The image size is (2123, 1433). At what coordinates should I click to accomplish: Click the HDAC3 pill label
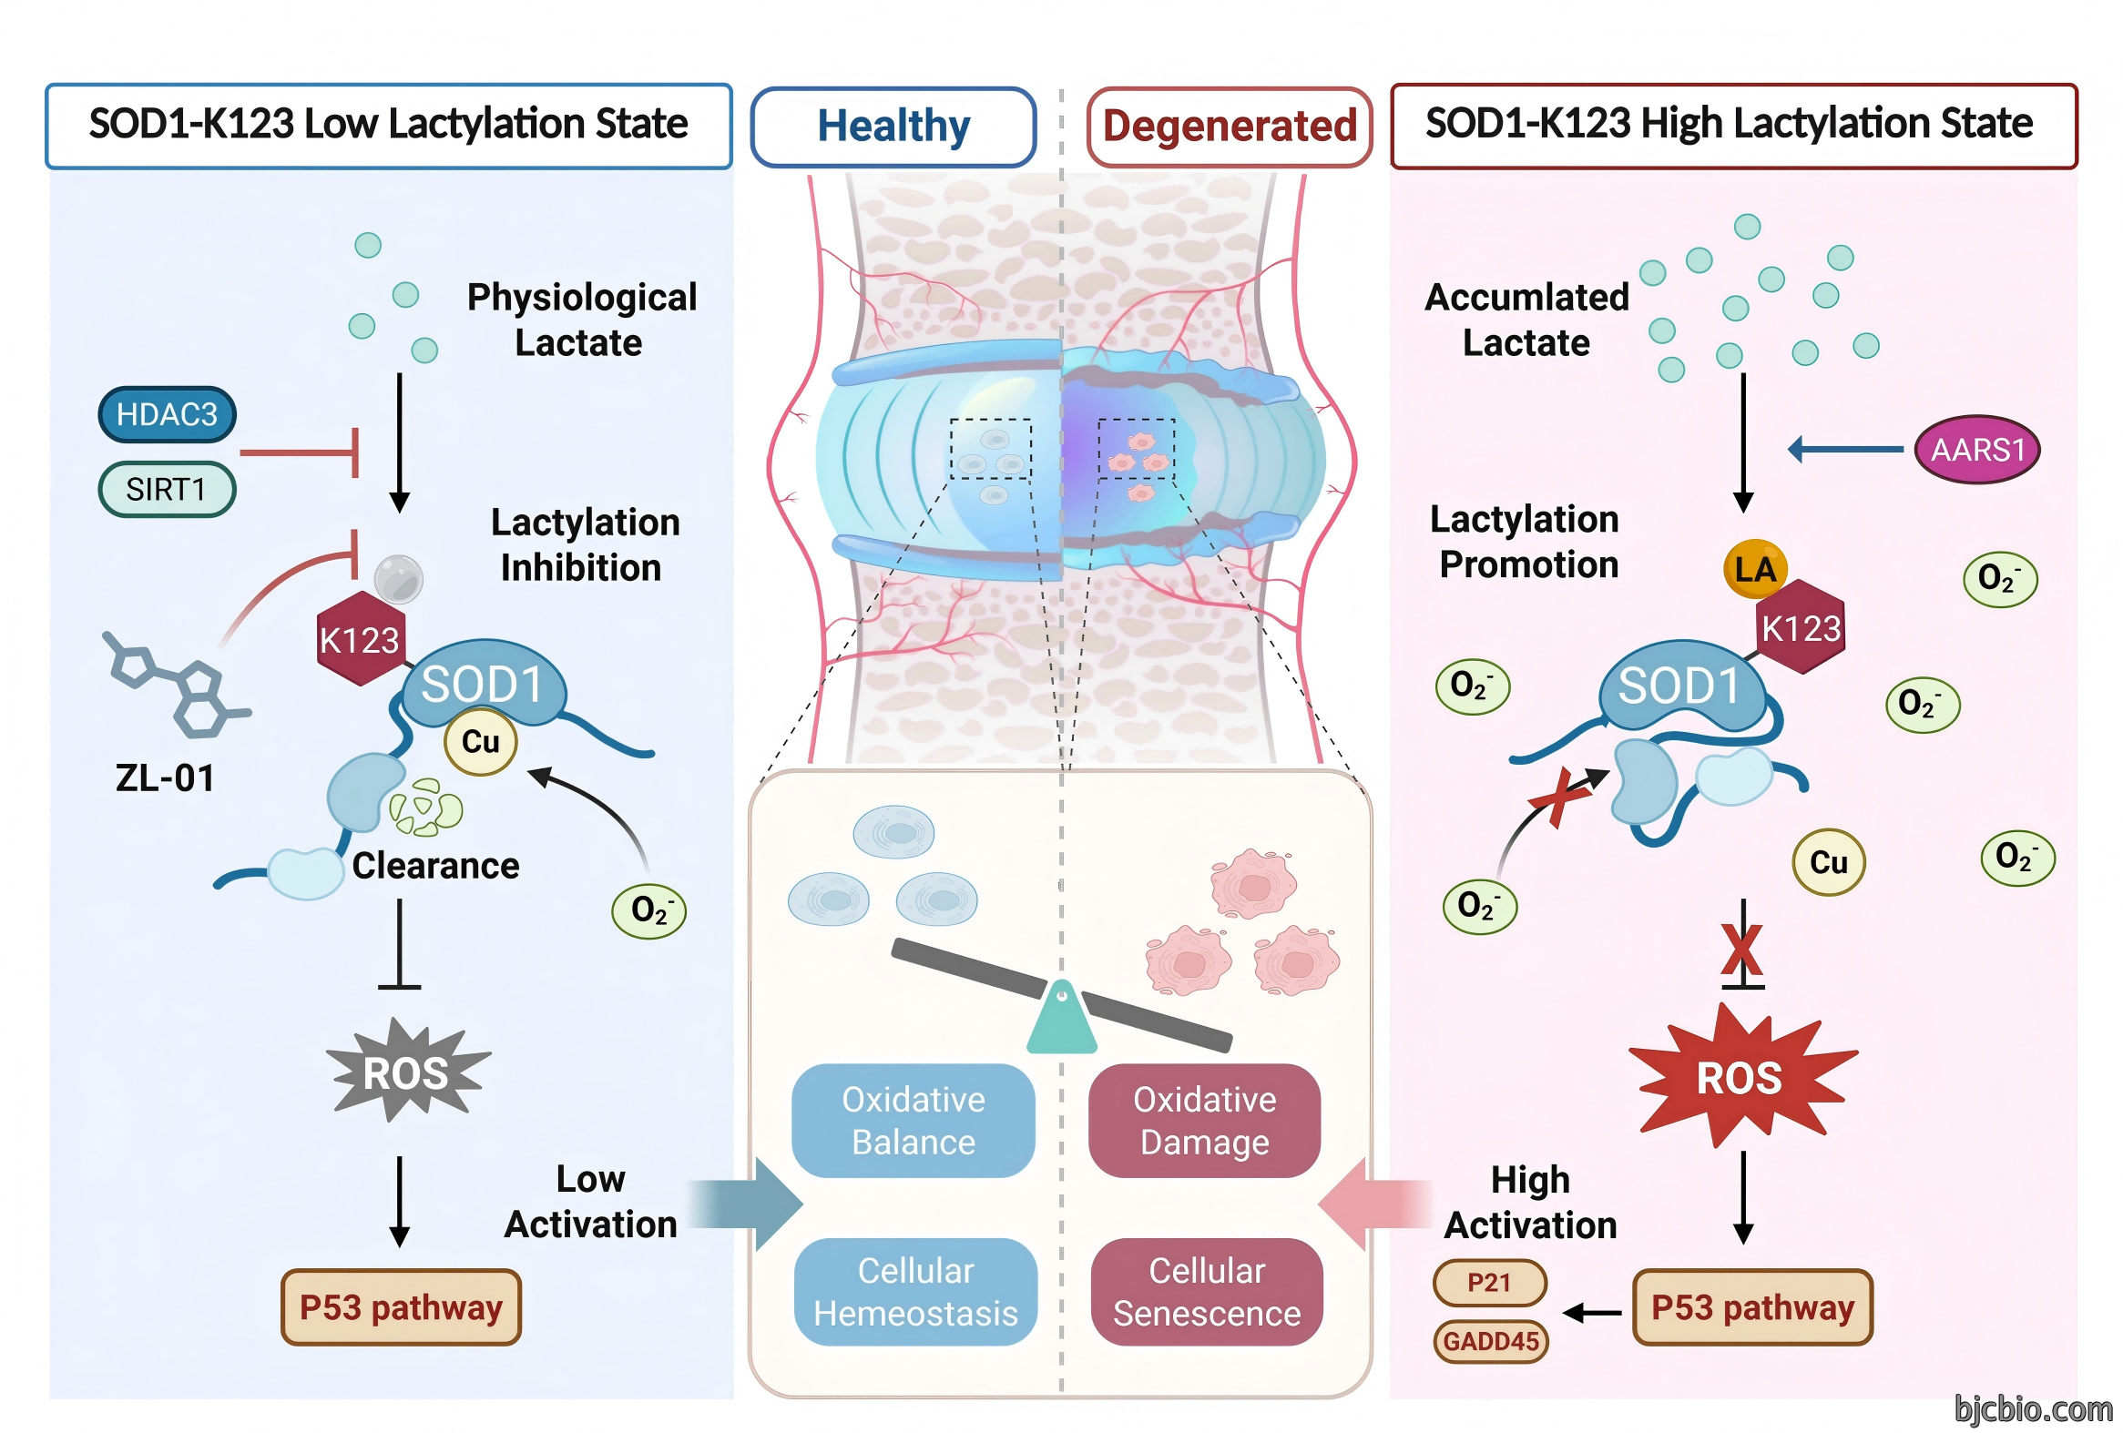(168, 414)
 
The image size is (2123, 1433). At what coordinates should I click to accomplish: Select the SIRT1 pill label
(168, 490)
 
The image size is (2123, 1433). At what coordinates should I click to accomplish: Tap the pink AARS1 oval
(1976, 450)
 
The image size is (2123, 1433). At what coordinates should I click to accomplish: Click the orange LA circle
(1754, 569)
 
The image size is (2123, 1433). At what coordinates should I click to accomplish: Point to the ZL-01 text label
(166, 778)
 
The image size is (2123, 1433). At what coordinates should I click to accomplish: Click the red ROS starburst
(1741, 1076)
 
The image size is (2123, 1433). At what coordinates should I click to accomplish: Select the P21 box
(1489, 1282)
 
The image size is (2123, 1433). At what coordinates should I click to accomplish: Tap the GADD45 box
(1491, 1341)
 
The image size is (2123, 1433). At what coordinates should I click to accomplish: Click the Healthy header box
(893, 127)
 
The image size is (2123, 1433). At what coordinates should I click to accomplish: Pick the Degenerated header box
(1230, 127)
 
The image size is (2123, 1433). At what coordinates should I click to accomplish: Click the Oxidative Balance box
(914, 1121)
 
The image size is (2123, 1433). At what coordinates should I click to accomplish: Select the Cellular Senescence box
(1207, 1292)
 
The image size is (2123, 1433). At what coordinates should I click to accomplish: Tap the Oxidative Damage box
(1204, 1121)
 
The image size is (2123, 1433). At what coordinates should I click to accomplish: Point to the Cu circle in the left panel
(481, 741)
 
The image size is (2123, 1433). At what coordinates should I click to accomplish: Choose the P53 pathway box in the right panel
(1752, 1307)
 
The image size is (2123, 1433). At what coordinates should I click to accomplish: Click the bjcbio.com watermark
(2034, 1409)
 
